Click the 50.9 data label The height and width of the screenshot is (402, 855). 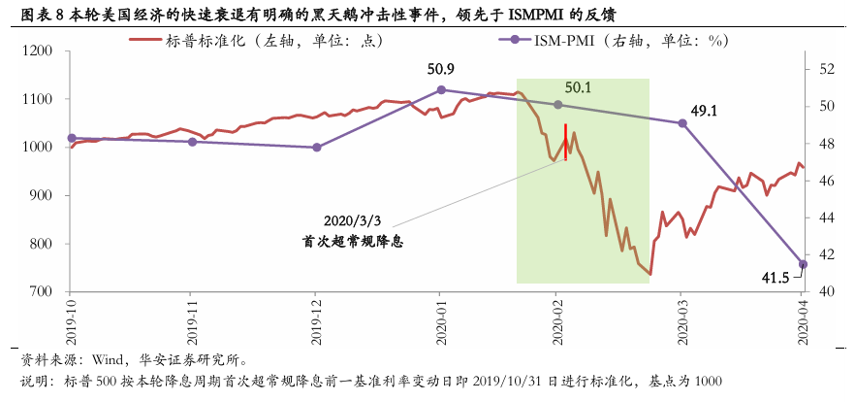pos(441,70)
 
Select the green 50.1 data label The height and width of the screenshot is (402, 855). pos(578,87)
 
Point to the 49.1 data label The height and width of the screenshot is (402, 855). pos(704,111)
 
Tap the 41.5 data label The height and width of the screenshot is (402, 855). pos(775,279)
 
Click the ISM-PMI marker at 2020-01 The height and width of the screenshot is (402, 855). pos(441,89)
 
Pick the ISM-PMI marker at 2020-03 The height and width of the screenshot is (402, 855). pos(681,123)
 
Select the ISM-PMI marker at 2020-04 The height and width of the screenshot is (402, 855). pos(802,264)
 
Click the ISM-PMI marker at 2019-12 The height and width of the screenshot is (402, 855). pos(317,148)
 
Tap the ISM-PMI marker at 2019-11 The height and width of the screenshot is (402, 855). pos(192,142)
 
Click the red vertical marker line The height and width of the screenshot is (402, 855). pos(565,142)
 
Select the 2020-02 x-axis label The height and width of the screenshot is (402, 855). pos(558,323)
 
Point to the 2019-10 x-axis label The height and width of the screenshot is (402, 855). pos(71,323)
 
